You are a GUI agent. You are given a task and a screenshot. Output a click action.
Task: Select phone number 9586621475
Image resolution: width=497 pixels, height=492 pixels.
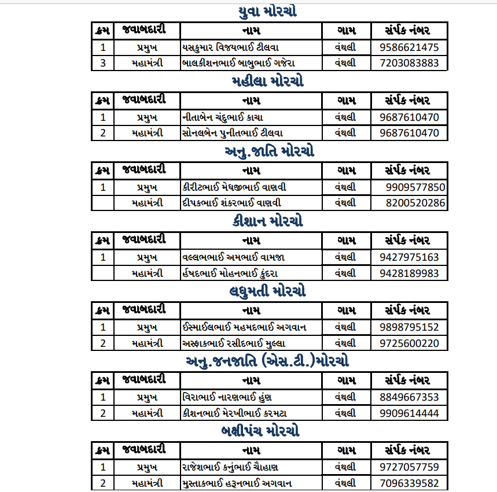[409, 47]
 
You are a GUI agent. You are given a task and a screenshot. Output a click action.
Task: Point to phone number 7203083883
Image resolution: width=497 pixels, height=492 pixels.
[409, 63]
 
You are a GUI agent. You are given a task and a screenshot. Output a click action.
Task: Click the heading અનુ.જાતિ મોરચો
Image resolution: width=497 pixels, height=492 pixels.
[269, 152]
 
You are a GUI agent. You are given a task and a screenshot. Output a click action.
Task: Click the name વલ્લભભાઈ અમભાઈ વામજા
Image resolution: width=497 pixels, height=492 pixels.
[233, 257]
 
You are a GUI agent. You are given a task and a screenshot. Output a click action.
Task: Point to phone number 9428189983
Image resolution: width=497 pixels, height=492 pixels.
[409, 273]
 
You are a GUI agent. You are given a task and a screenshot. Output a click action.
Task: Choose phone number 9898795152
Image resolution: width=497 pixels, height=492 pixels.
[409, 327]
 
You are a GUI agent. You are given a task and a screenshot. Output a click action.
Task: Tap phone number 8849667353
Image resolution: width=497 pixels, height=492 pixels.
[409, 397]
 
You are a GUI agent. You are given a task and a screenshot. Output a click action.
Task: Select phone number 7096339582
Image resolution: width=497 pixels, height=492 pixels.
[409, 483]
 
